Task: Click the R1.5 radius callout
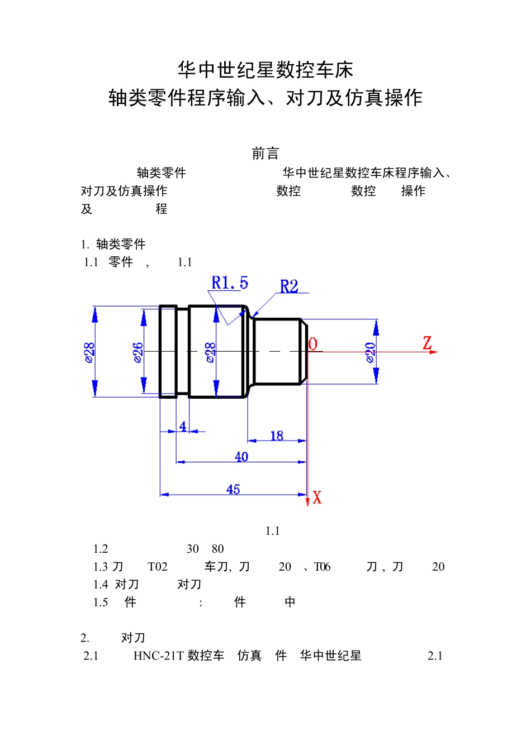pos(229,283)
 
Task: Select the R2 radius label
pos(289,286)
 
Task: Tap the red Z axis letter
pos(428,343)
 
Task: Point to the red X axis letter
pos(317,498)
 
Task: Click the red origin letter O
pos(313,345)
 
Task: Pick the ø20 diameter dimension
pos(370,352)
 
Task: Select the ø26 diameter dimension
pos(138,352)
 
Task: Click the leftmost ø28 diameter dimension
pos(89,352)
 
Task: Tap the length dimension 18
pos(277,436)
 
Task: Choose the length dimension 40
pos(241,457)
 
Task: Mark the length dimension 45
pos(233,490)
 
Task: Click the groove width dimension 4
pos(183,427)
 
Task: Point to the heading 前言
pos(265,154)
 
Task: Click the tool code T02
pos(158,567)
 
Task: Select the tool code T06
pos(322,567)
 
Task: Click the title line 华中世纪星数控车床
pos(265,70)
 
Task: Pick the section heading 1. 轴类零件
pos(113,244)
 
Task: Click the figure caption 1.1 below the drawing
pos(272,531)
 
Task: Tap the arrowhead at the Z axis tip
pos(435,352)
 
